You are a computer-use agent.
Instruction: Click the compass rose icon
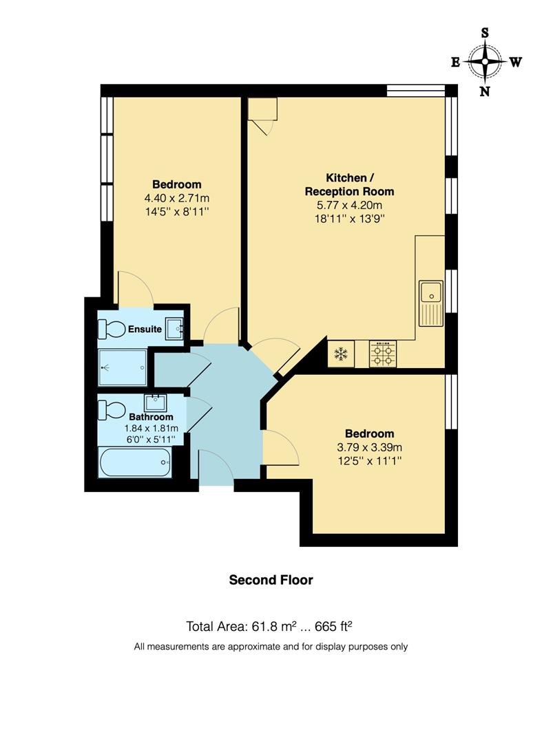pyautogui.click(x=486, y=62)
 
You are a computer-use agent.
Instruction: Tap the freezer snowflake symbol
pyautogui.click(x=340, y=354)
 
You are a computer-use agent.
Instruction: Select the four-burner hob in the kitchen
pyautogui.click(x=384, y=354)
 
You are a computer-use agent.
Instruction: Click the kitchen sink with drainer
pyautogui.click(x=431, y=303)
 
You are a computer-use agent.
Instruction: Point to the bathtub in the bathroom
pyautogui.click(x=134, y=462)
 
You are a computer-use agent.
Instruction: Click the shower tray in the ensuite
pyautogui.click(x=123, y=367)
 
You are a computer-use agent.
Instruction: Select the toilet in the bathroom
pyautogui.click(x=111, y=409)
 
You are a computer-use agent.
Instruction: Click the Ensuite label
pyautogui.click(x=145, y=330)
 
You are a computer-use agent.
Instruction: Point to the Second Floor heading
pyautogui.click(x=271, y=580)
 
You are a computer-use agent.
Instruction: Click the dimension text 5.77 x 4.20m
pyautogui.click(x=349, y=206)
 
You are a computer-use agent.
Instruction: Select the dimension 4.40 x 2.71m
pyautogui.click(x=176, y=198)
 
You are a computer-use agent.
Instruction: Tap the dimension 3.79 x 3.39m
pyautogui.click(x=369, y=447)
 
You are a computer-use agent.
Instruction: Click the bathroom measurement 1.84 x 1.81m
pyautogui.click(x=151, y=427)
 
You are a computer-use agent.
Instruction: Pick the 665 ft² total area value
pyautogui.click(x=336, y=626)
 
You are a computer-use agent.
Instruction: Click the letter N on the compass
pyautogui.click(x=485, y=91)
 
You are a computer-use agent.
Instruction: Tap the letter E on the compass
pyautogui.click(x=455, y=62)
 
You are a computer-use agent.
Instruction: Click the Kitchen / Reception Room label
pyautogui.click(x=349, y=184)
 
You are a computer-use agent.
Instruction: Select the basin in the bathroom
pyautogui.click(x=156, y=400)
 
